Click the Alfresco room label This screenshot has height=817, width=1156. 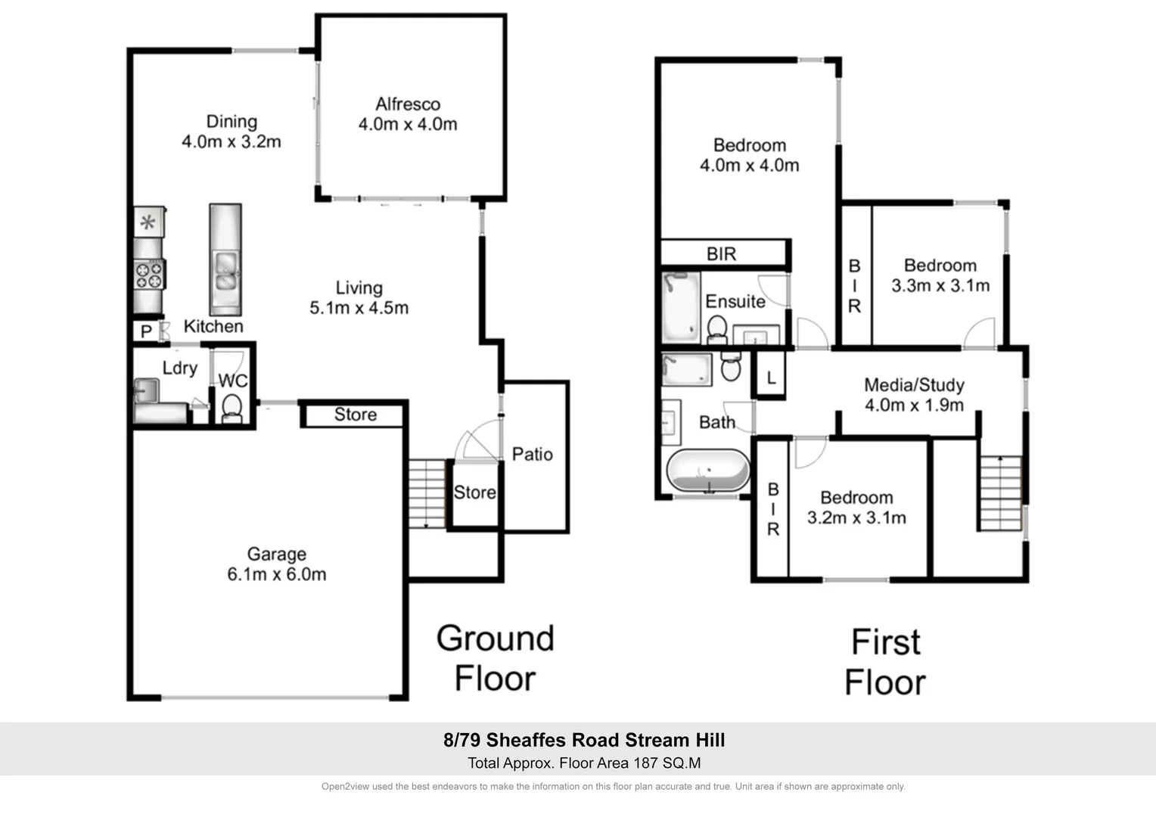point(408,104)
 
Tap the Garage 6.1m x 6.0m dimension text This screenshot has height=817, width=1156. point(277,574)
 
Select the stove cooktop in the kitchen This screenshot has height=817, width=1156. point(148,274)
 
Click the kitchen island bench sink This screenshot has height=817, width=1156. point(225,273)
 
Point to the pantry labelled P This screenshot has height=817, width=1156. point(146,332)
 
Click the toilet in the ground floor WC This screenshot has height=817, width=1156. point(232,408)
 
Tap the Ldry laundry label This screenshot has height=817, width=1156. point(180,368)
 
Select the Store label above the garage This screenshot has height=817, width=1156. point(356,415)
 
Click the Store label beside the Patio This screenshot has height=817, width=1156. point(474,492)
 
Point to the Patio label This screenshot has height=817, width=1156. point(532,454)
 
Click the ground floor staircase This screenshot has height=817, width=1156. point(427,493)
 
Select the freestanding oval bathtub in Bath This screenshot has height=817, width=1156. point(708,471)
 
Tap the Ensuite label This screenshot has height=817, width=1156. point(735,301)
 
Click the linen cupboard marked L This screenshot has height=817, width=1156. point(771,377)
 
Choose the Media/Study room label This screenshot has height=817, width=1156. point(914,385)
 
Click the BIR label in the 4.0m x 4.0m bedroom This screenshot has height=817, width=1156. point(721,253)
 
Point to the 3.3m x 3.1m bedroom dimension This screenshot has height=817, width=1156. point(940,286)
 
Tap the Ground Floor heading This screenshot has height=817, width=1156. point(496,658)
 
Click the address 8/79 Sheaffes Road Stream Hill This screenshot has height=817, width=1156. point(584,740)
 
